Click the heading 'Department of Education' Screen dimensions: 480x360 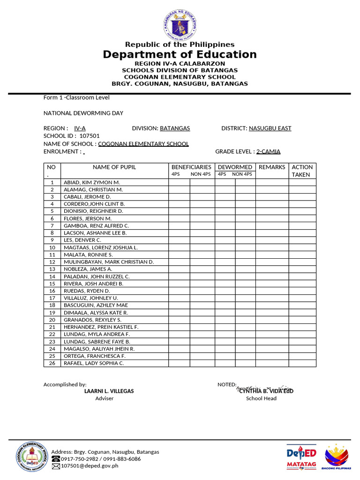pos(180,54)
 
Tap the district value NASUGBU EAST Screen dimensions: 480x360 pos(270,128)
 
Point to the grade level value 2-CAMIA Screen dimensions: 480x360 pos(268,151)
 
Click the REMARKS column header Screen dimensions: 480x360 pos(272,167)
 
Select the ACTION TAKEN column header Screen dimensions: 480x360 pos(302,171)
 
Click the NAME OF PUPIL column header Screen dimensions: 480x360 pos(114,167)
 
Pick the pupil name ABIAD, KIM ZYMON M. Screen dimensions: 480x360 pos(92,182)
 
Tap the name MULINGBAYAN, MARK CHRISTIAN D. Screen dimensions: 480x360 pos(109,262)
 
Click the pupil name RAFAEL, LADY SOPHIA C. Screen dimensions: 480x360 pos(94,363)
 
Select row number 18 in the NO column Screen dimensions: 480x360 pos(52,305)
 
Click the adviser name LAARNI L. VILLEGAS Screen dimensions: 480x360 pos(109,391)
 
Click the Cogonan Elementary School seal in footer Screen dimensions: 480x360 pos(31,456)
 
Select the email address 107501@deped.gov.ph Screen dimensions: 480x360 pos(90,466)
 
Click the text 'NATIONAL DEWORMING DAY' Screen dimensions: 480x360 pos(83,113)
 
